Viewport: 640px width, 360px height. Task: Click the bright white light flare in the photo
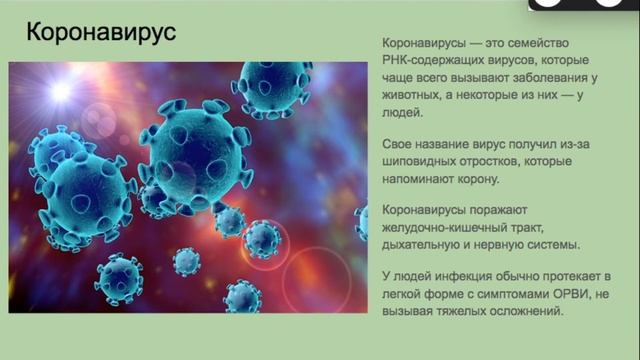point(66,93)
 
